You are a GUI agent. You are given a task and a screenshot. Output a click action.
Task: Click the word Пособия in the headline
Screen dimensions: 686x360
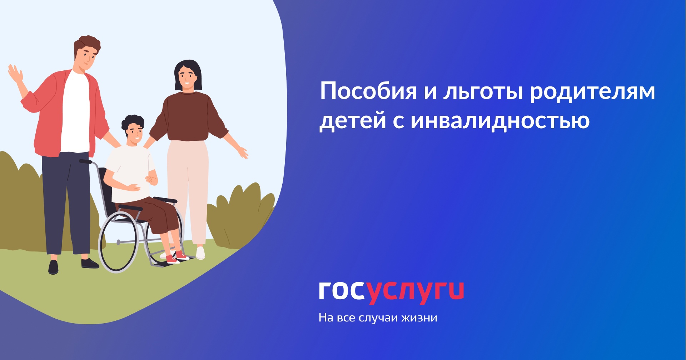(368, 91)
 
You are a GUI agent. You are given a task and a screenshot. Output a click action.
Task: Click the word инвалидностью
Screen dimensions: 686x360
(500, 121)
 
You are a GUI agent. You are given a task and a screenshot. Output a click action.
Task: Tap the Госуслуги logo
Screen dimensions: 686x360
(391, 292)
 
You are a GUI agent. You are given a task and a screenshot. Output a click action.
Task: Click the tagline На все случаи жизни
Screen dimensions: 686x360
(378, 317)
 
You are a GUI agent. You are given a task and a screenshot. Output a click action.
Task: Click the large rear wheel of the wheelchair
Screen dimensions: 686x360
(118, 242)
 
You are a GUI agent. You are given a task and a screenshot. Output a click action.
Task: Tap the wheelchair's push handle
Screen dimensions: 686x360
(85, 162)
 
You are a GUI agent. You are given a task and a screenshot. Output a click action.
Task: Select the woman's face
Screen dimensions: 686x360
(187, 79)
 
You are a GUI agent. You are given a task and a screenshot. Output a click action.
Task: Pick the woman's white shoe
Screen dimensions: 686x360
(200, 253)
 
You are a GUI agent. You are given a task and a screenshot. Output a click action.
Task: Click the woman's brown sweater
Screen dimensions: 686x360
(188, 116)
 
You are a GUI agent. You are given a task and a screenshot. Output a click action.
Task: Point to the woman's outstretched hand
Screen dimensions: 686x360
(243, 152)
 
